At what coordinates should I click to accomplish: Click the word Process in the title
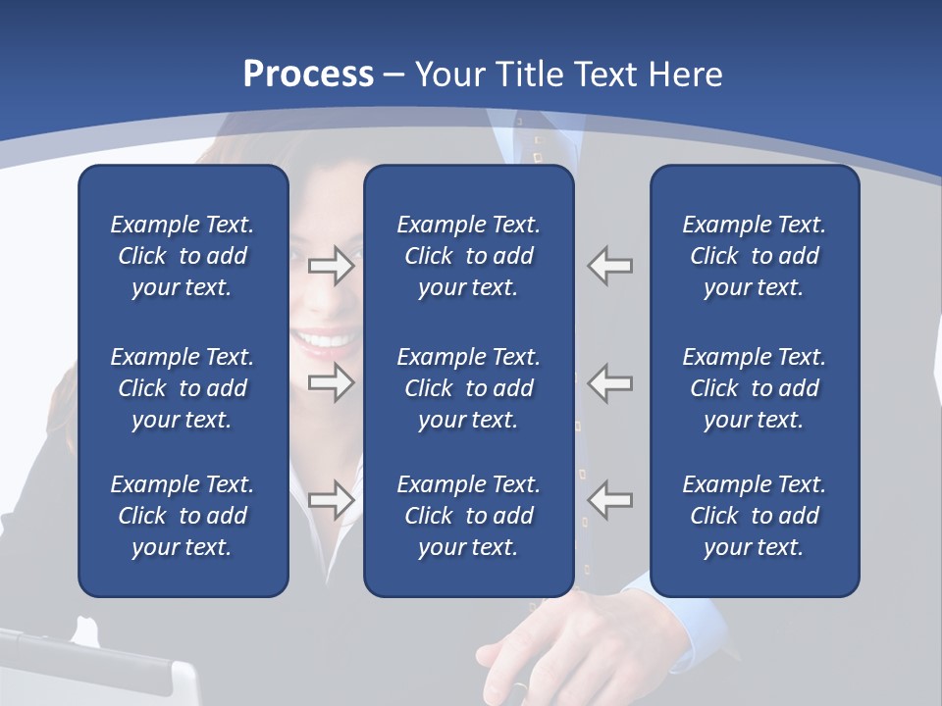pyautogui.click(x=308, y=75)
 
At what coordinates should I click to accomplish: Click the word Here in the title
pyautogui.click(x=683, y=75)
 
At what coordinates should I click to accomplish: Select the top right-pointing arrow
pyautogui.click(x=332, y=266)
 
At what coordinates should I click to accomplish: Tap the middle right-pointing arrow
pyautogui.click(x=332, y=382)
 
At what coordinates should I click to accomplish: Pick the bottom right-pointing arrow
pyautogui.click(x=332, y=500)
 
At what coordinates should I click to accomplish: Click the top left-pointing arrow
pyautogui.click(x=609, y=266)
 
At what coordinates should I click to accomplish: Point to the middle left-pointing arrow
pyautogui.click(x=609, y=382)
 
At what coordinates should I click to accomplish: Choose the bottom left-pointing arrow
pyautogui.click(x=609, y=500)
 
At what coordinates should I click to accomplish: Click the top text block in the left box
pyautogui.click(x=183, y=256)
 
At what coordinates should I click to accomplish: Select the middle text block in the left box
pyautogui.click(x=183, y=388)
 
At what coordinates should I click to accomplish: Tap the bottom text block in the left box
pyautogui.click(x=183, y=516)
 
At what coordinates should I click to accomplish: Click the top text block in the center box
pyautogui.click(x=468, y=256)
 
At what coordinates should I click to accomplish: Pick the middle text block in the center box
pyautogui.click(x=468, y=388)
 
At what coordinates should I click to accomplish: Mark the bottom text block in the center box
pyautogui.click(x=468, y=516)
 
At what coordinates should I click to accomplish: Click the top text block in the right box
pyautogui.click(x=754, y=256)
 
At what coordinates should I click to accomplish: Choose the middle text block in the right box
pyautogui.click(x=754, y=388)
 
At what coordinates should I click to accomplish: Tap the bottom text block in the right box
pyautogui.click(x=754, y=516)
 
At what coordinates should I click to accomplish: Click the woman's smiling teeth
pyautogui.click(x=327, y=341)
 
